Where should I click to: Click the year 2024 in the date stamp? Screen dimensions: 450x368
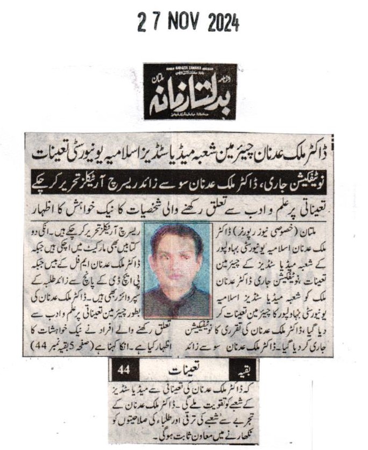point(221,23)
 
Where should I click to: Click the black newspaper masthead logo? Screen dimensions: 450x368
point(189,92)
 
